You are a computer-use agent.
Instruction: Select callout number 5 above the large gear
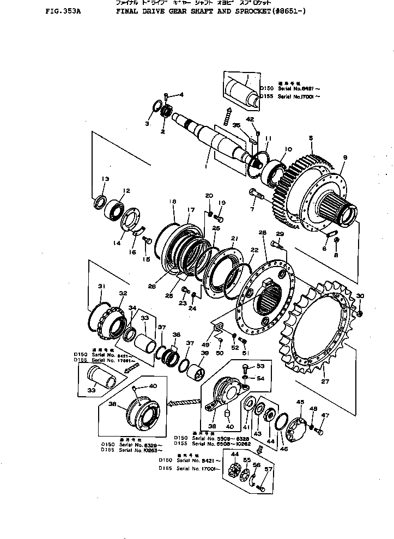click(x=311, y=139)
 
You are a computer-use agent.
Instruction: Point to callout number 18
click(x=173, y=202)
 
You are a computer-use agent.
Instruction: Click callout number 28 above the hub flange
click(x=262, y=233)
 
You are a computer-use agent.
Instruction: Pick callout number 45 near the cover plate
click(x=299, y=402)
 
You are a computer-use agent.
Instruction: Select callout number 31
click(x=101, y=287)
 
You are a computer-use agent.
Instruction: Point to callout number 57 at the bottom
click(x=268, y=469)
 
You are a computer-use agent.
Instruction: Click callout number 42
click(x=250, y=119)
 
